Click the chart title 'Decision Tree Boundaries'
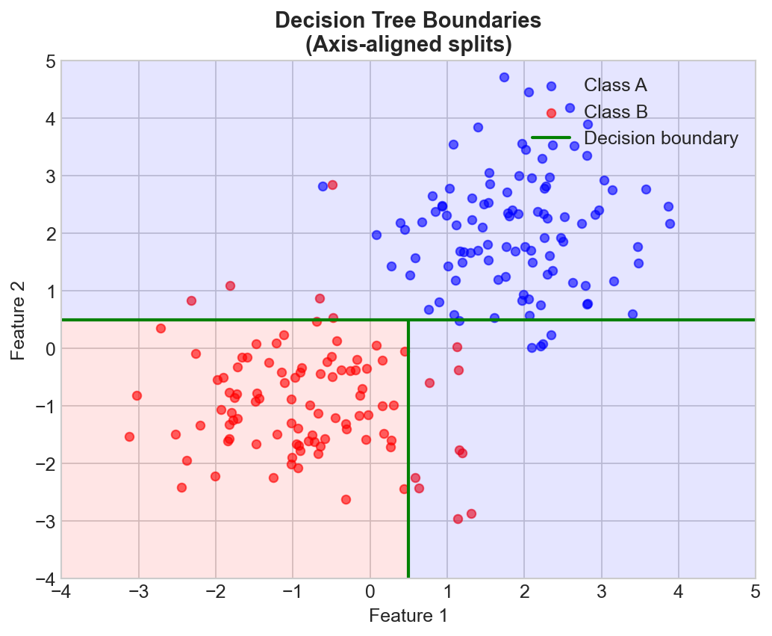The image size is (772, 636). coord(408,20)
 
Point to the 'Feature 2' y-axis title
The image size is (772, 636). coord(17,320)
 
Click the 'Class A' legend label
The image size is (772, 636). coord(614,85)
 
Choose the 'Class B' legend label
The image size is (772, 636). coord(615,112)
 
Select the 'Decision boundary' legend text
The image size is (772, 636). coord(661,138)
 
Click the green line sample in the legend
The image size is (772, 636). coord(551,138)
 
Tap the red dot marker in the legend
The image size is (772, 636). coord(551,113)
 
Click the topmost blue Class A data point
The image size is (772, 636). coord(504,77)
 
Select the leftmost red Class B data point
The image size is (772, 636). coord(129,436)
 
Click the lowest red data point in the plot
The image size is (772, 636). coord(458,519)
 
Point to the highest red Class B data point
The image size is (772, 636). coord(332,185)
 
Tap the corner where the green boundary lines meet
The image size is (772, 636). coord(408,320)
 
